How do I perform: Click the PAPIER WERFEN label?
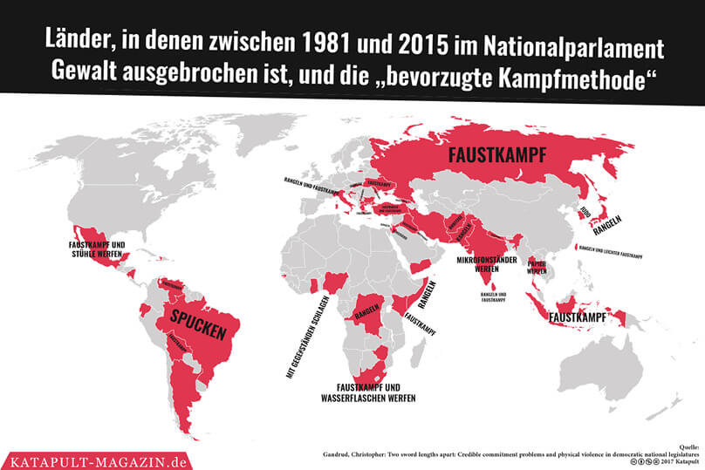537,268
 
